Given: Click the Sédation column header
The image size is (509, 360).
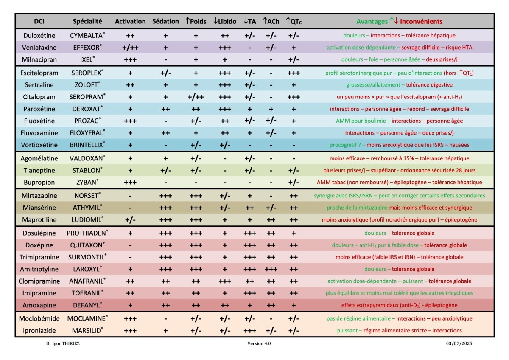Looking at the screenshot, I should click(x=165, y=21).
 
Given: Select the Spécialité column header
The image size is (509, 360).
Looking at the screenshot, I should click(x=87, y=21).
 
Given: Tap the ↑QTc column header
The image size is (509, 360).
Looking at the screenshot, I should click(x=294, y=21).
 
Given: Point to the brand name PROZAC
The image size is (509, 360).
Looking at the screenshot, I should click(x=86, y=121).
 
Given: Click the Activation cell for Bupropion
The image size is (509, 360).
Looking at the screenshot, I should click(x=130, y=182).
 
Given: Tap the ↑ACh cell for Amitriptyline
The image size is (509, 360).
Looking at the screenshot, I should click(x=271, y=269).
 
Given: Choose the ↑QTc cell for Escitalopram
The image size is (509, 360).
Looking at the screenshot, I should click(x=294, y=73).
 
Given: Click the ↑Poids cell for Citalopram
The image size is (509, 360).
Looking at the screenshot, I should click(x=196, y=97).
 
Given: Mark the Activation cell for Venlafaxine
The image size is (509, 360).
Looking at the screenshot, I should click(x=130, y=48).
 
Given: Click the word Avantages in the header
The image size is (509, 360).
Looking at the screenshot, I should click(x=372, y=21).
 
